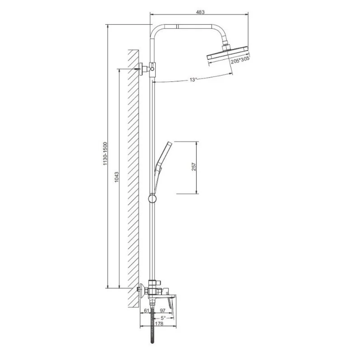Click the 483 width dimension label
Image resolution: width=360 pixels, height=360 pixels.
[x=200, y=12]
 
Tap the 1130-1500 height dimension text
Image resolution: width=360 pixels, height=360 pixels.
[x=105, y=154]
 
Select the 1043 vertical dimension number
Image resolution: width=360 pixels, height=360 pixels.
[x=117, y=177]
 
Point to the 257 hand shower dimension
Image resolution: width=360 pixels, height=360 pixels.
[x=194, y=167]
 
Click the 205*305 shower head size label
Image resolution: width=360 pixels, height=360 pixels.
[x=240, y=60]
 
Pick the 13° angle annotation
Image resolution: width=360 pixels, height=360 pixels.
[x=193, y=80]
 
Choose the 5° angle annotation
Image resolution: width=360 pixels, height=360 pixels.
[x=163, y=318]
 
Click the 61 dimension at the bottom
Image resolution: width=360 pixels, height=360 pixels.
[x=147, y=311]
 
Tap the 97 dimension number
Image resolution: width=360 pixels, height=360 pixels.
[x=163, y=311]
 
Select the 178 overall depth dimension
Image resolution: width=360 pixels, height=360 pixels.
[x=159, y=324]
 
